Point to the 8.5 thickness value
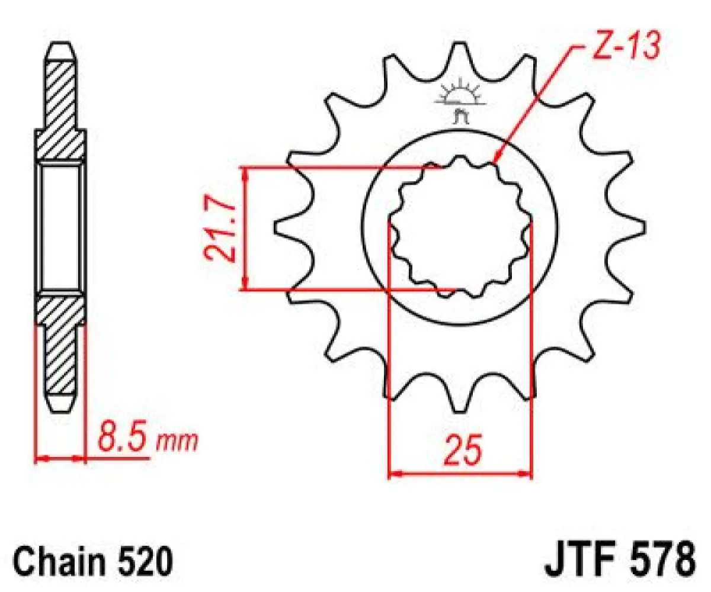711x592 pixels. [121, 440]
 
